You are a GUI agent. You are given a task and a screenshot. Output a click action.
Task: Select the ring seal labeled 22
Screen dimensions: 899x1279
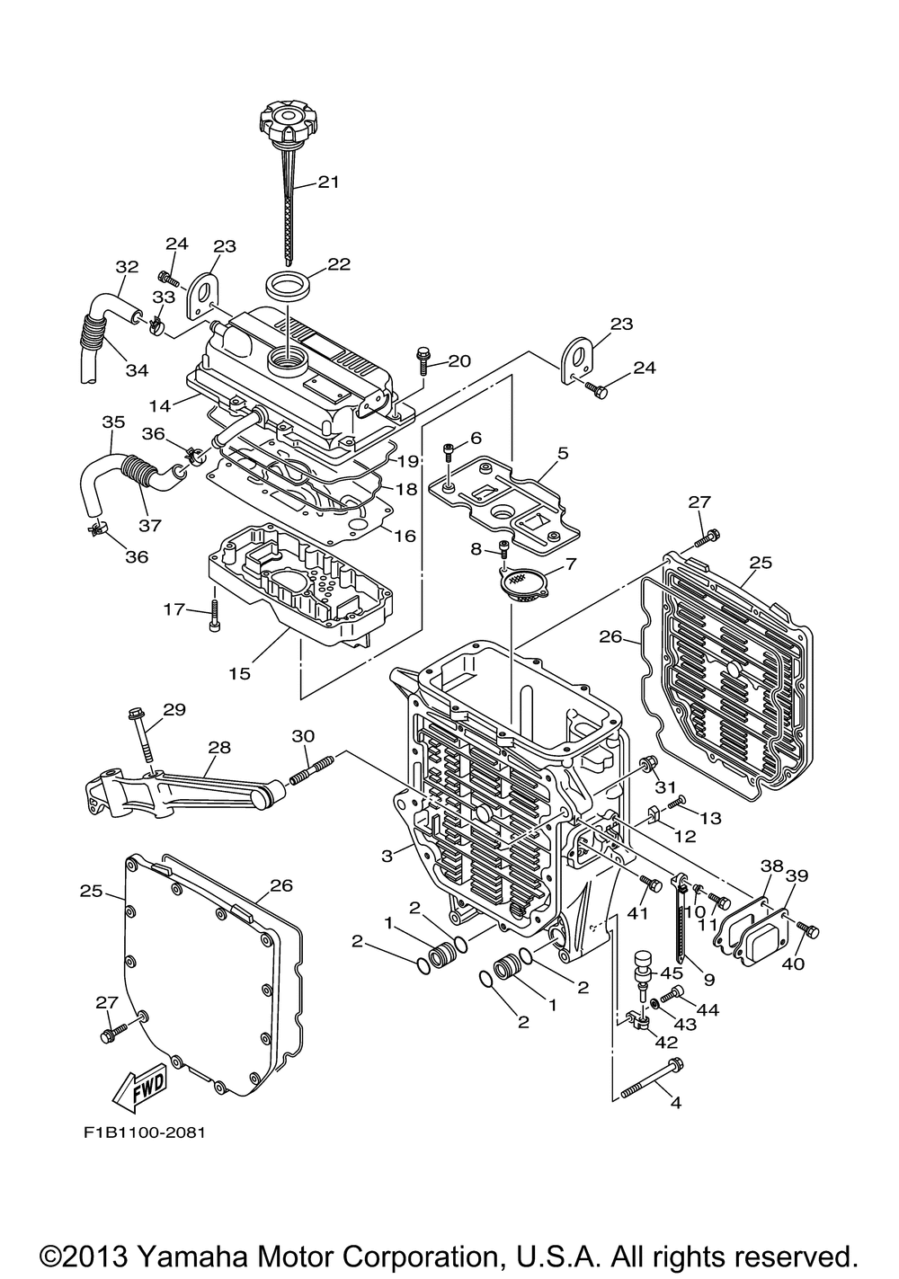coord(289,284)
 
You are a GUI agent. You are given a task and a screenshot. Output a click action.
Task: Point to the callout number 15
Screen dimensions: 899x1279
coord(240,674)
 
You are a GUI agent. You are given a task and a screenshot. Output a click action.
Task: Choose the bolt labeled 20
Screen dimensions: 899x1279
coord(423,360)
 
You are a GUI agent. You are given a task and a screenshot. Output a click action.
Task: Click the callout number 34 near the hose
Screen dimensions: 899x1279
coord(137,370)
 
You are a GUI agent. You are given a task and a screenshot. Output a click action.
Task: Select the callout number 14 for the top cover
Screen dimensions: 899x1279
coord(161,406)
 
